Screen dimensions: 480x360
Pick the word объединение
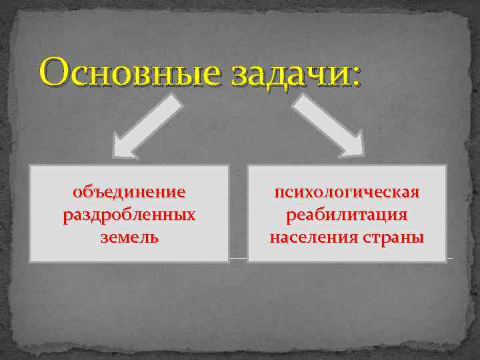(x=129, y=193)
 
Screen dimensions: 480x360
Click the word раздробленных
(x=129, y=215)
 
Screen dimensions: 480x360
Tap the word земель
(x=129, y=237)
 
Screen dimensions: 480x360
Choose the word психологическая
(x=347, y=193)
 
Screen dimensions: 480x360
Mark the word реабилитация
(x=347, y=215)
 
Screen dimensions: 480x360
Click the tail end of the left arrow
(x=175, y=101)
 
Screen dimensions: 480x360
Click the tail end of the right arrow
(x=302, y=101)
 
